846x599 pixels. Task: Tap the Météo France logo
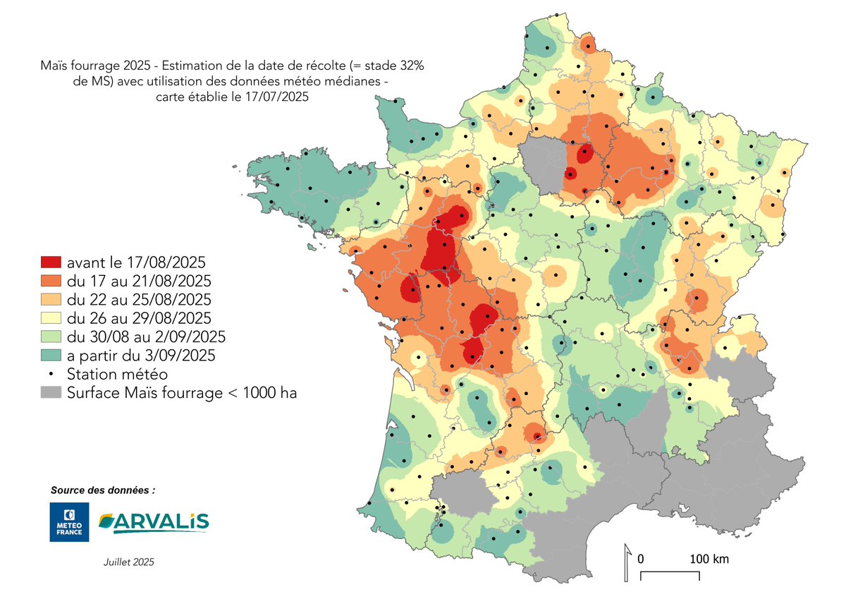[x=69, y=522]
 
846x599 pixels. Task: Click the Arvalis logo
[x=154, y=522]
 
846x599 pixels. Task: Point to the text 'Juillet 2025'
[x=128, y=562]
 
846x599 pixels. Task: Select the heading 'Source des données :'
[x=103, y=490]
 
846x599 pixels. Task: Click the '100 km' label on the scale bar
[x=709, y=559]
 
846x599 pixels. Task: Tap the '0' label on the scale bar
[x=641, y=559]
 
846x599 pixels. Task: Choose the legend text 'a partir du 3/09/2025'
[x=141, y=356]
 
